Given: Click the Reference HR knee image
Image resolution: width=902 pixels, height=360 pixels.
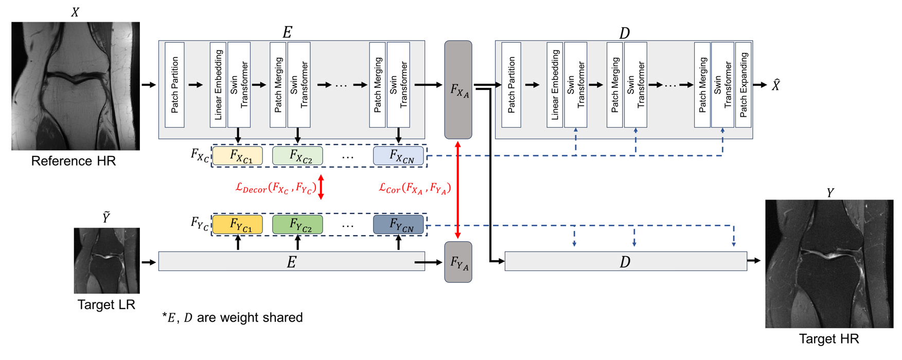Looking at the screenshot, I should [76, 86].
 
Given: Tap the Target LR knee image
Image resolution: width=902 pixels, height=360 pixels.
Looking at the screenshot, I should [107, 261].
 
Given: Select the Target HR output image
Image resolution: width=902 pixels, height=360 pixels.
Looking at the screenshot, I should [829, 264].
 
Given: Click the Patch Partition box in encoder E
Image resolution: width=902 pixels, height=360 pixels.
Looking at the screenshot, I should [175, 85].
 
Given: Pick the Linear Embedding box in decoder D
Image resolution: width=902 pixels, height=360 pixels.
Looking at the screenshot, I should [555, 85].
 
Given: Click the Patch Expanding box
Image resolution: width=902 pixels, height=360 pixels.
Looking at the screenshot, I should [743, 85].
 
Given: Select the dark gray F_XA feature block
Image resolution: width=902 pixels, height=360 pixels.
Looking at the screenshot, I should [458, 90].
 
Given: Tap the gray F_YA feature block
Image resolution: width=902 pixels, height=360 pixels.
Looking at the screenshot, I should [458, 262].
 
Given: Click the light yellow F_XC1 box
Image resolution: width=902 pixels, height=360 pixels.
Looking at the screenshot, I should [238, 156].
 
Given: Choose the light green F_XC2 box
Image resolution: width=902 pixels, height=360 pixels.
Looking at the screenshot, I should [297, 156].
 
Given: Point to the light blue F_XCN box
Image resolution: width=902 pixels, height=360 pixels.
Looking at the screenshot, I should [399, 156].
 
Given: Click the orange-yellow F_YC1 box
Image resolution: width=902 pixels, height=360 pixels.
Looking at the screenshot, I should [238, 225].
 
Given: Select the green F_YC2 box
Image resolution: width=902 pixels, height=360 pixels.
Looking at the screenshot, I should [297, 225].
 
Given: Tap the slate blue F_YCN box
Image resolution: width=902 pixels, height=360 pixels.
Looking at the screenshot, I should [399, 225].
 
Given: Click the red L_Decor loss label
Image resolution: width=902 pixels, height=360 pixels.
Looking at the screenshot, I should [275, 188].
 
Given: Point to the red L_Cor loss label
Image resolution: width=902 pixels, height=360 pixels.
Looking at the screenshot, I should [415, 188].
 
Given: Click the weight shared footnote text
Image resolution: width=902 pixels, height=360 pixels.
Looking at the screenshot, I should [233, 318].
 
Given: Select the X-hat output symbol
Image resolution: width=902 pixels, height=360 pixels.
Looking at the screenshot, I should [775, 85].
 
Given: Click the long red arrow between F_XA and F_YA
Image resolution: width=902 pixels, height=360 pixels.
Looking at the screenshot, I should [458, 190].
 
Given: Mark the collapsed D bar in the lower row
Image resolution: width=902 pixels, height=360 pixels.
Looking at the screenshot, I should [625, 261].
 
